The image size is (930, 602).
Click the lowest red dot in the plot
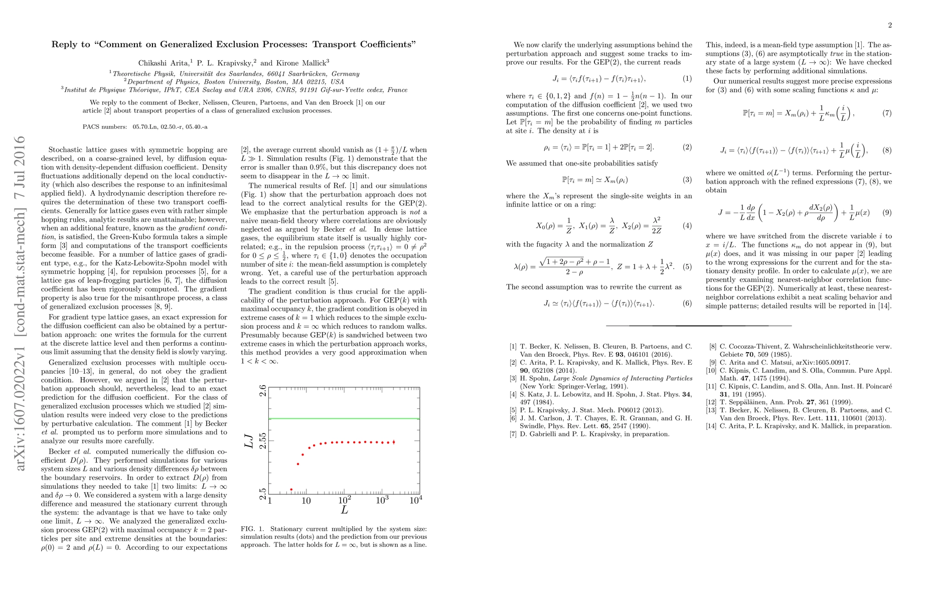tap(291, 490)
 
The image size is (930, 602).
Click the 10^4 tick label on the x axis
tap(415, 501)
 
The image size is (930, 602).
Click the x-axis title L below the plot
tap(345, 510)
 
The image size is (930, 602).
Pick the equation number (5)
tap(687, 267)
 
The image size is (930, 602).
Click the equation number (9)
tap(887, 213)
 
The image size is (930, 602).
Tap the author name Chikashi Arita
tap(157, 63)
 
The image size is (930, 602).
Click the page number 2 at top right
tap(889, 26)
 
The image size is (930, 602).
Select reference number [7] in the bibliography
tap(513, 434)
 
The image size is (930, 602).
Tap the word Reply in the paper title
tap(64, 44)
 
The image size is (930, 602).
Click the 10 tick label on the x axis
tap(306, 501)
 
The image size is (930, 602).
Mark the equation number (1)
tap(687, 79)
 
